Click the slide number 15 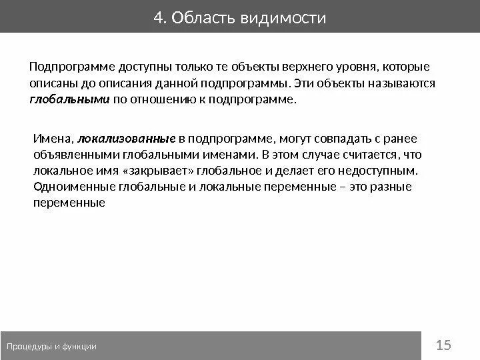443,345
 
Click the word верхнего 304,68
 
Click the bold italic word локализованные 127,139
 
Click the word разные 389,187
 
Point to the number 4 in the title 158,17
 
